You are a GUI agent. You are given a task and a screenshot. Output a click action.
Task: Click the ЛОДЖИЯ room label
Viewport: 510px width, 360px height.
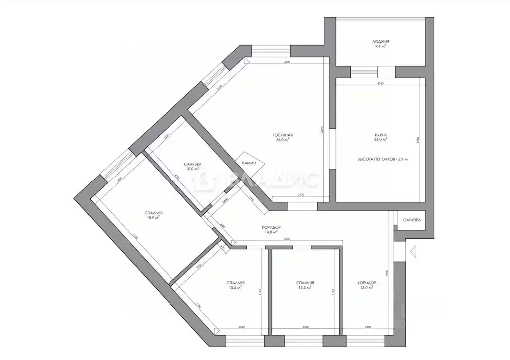click(x=380, y=42)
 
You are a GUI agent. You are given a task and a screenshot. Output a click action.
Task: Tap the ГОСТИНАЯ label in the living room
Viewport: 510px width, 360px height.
click(x=282, y=135)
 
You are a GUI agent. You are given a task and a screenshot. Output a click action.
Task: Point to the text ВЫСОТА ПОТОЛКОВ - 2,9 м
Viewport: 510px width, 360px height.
click(x=382, y=159)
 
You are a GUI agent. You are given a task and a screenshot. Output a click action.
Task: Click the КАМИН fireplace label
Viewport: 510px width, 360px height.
click(x=249, y=163)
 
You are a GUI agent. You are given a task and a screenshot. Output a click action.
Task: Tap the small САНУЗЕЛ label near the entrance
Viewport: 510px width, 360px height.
click(x=412, y=220)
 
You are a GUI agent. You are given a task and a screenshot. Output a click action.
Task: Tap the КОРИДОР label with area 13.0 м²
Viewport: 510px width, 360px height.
click(x=366, y=283)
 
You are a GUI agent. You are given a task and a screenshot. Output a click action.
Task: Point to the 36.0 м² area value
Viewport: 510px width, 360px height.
click(x=282, y=140)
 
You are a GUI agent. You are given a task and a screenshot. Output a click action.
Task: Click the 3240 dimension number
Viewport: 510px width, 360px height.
click(x=306, y=328)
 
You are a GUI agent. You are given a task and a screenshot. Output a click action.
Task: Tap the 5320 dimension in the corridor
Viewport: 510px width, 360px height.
click(x=287, y=240)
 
